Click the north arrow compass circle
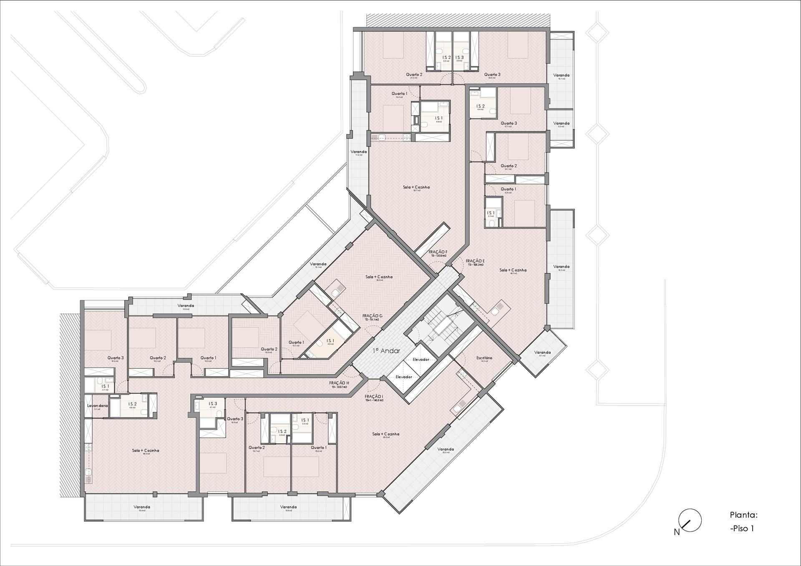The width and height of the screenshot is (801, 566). coord(690,521)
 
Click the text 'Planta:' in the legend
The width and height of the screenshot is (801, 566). coord(743,515)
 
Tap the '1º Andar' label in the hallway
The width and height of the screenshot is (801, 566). coord(386,351)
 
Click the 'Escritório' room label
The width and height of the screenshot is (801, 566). coord(484,358)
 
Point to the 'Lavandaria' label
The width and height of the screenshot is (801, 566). coord(97,405)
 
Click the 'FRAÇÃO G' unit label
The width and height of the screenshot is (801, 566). coord(372,316)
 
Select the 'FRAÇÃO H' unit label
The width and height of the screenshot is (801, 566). coord(339,383)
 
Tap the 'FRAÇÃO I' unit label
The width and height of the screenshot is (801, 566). coord(374,396)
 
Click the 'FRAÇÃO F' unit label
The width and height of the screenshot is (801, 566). coord(438,252)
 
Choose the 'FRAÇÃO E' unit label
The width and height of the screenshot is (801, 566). coord(475,261)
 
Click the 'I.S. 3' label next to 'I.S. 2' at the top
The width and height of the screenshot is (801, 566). coord(459,58)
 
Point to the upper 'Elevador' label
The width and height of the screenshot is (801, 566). coord(421,360)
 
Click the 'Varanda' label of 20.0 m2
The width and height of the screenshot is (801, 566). coord(446,449)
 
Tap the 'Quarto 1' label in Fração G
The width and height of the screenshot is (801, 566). coord(296,342)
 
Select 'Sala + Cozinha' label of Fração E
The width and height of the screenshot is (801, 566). coord(513,270)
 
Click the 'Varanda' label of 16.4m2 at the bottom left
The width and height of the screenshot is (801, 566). coord(142,507)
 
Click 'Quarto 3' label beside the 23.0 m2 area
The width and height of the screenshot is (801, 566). coord(492,75)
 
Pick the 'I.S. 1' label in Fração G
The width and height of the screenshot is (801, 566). coord(330,341)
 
